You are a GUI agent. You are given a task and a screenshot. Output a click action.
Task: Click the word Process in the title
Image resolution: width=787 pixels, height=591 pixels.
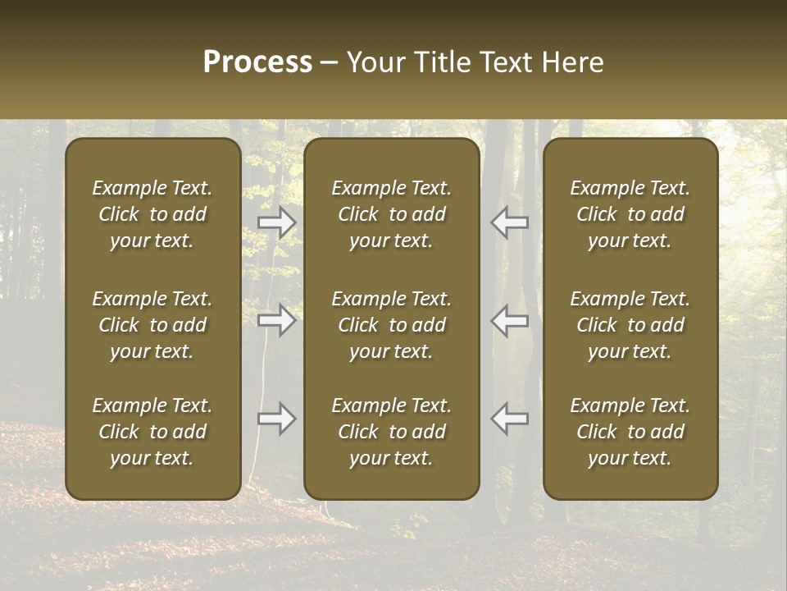pos(257,62)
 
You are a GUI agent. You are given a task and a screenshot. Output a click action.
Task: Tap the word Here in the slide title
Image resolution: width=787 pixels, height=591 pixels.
pos(574,62)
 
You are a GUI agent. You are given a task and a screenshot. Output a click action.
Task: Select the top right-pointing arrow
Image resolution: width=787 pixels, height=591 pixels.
pos(277,222)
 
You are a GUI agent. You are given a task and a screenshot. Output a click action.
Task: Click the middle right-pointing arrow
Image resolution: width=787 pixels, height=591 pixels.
pos(277,320)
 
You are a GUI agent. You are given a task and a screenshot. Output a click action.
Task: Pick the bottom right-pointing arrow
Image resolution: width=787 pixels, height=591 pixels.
pos(277,419)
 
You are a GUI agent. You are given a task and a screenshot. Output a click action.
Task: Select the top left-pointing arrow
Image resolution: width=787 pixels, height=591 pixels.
pos(510,222)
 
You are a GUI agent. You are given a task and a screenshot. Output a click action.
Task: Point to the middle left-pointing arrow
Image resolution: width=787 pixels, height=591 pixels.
pos(510,320)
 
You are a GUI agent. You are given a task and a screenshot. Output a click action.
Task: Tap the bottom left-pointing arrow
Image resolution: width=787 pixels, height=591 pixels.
pos(510,419)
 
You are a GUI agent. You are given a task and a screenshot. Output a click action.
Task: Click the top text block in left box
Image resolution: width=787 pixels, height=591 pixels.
pos(152,214)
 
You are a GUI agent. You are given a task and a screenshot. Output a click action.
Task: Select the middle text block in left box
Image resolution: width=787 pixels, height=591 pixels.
pos(152,325)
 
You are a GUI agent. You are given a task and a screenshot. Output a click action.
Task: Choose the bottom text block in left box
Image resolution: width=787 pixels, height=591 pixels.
pos(152,432)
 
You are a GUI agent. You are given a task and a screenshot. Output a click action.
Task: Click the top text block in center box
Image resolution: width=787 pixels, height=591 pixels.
pos(391,214)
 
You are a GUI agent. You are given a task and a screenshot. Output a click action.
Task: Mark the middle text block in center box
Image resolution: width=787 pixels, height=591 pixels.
pos(391,325)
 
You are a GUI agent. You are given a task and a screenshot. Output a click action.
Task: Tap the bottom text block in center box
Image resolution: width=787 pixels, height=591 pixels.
pos(391,432)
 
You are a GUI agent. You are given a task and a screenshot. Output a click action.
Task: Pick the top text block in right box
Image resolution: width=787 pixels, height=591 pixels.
pos(630,214)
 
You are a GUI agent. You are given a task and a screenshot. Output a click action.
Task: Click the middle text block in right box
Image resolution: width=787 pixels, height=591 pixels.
pos(630,325)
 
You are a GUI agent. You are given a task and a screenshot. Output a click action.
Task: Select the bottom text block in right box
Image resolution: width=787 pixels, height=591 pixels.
pos(630,432)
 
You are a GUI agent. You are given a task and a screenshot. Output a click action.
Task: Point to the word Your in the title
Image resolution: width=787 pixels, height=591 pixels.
pos(374,62)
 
